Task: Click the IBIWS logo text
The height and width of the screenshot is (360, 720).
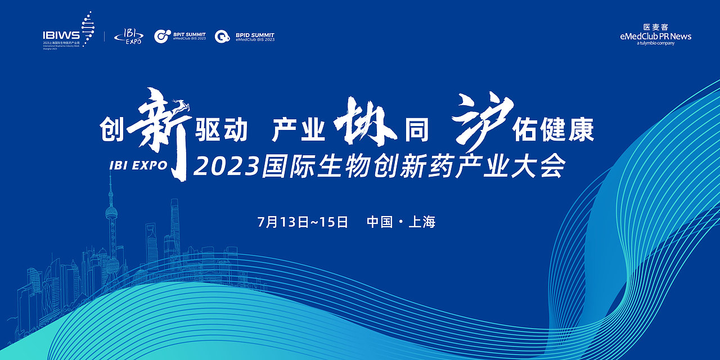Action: tap(61, 35)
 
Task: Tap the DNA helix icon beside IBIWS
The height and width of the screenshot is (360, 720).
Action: tap(87, 28)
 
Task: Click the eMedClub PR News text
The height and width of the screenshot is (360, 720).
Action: tap(655, 36)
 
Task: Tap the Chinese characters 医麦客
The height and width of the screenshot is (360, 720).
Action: tap(655, 26)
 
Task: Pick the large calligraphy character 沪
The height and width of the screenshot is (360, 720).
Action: tap(483, 118)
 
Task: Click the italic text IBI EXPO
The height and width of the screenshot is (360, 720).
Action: tap(138, 165)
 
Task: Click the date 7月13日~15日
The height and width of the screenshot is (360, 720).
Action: tap(303, 222)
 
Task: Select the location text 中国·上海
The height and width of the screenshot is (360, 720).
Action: tap(401, 222)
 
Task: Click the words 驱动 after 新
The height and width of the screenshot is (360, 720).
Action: tap(221, 130)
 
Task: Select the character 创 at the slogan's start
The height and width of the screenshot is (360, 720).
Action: tap(111, 130)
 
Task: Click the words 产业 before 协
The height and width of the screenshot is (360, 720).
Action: tap(299, 130)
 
